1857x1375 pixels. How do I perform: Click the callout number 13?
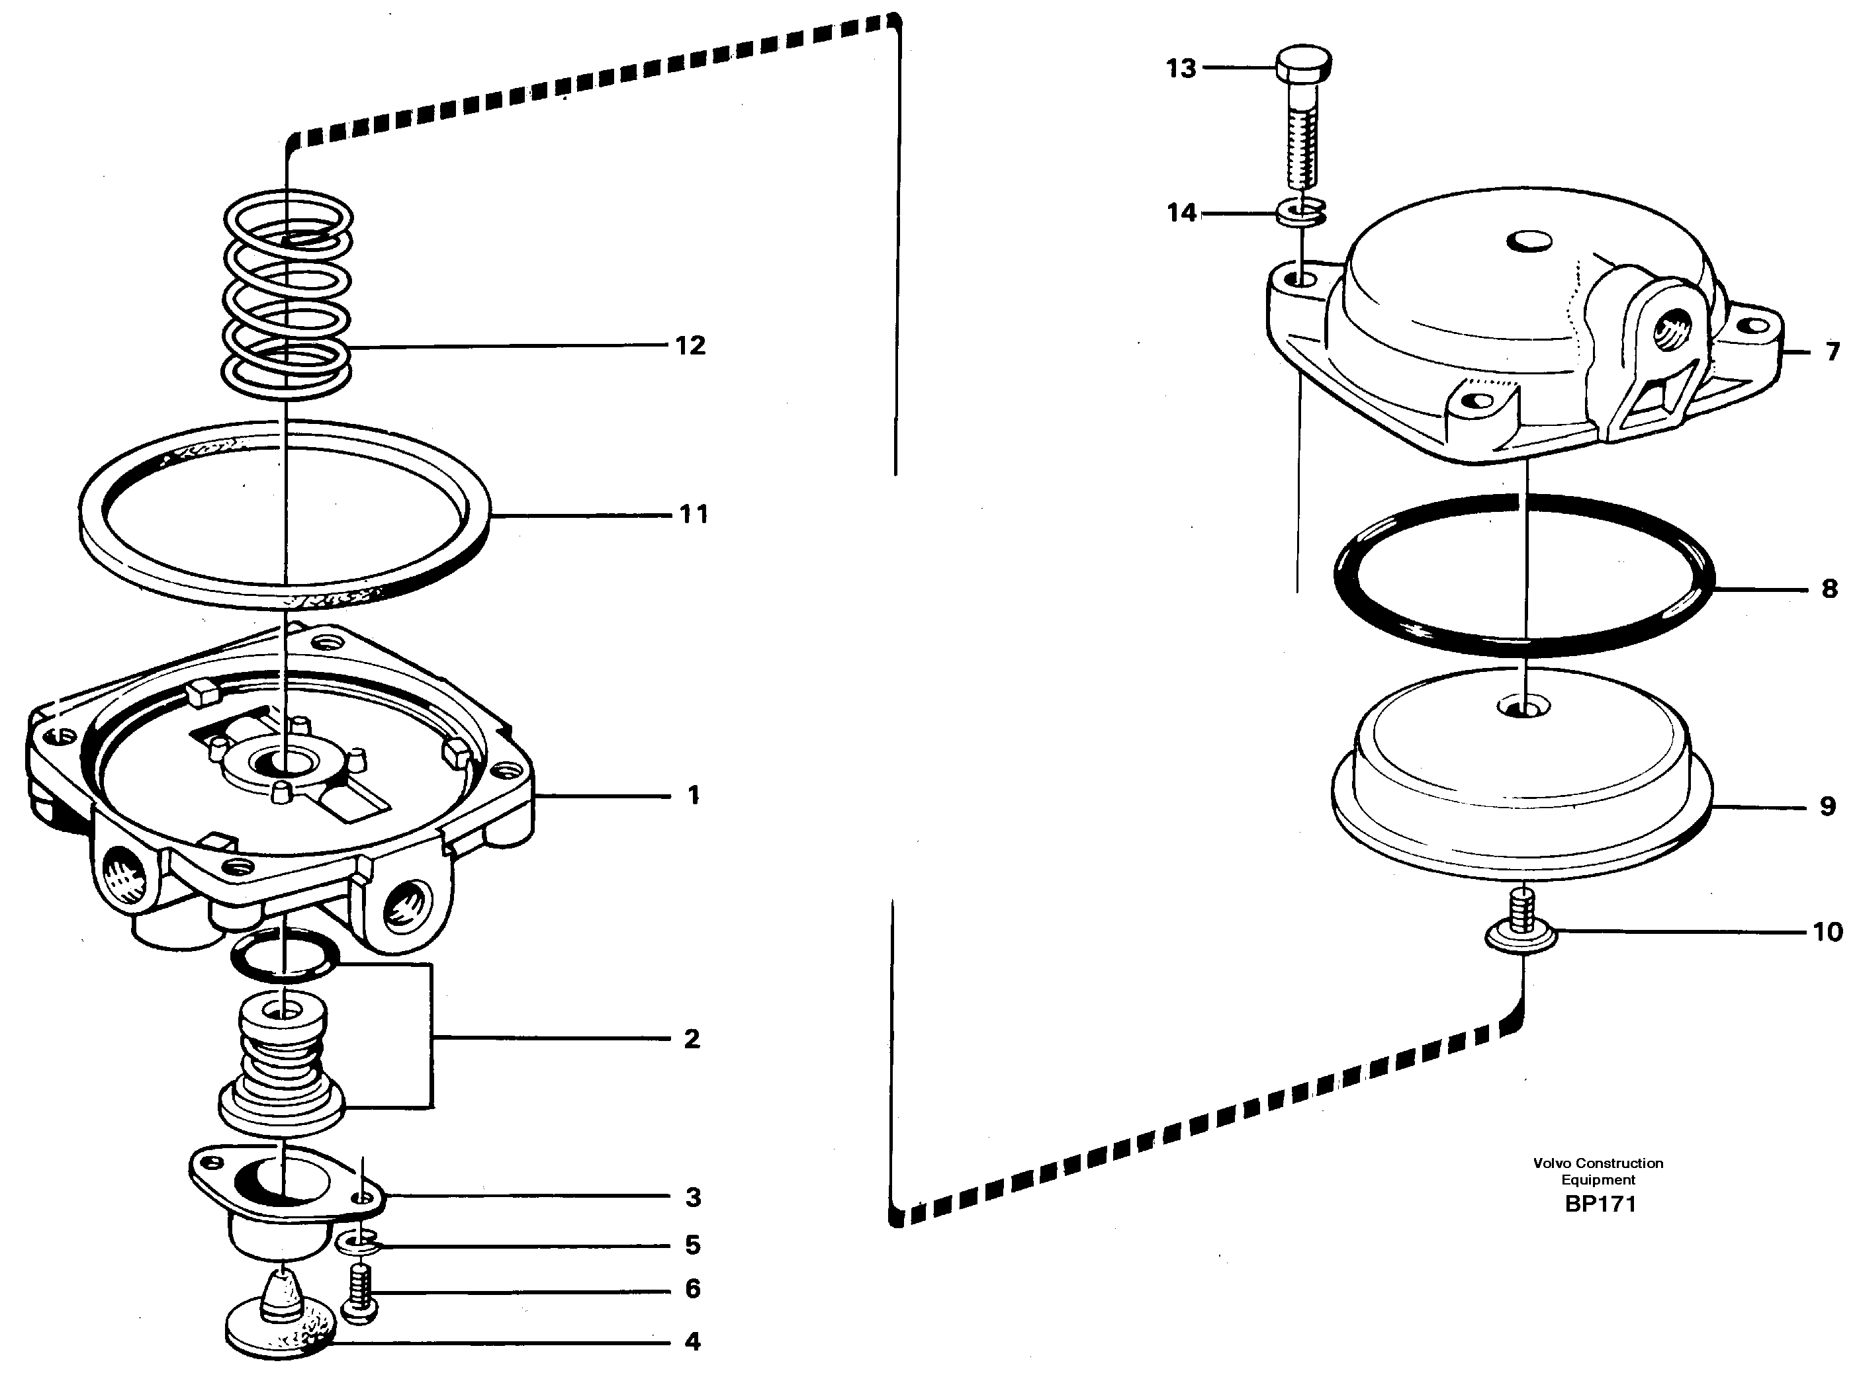pyautogui.click(x=1180, y=68)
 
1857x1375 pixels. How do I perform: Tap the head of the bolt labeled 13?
pyautogui.click(x=1302, y=62)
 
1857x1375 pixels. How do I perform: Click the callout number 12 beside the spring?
pyautogui.click(x=690, y=345)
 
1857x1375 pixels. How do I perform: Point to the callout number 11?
pyautogui.click(x=693, y=515)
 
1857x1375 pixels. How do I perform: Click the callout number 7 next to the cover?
pyautogui.click(x=1831, y=352)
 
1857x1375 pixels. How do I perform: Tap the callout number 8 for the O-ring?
pyautogui.click(x=1829, y=589)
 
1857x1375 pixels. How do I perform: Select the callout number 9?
pyautogui.click(x=1827, y=806)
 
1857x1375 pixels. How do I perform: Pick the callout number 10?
pyautogui.click(x=1827, y=931)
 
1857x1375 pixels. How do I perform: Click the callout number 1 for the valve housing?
pyautogui.click(x=693, y=796)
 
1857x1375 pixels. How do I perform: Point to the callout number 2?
pyautogui.click(x=691, y=1039)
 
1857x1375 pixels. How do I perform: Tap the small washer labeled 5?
pyautogui.click(x=359, y=1244)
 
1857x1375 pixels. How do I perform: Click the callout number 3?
pyautogui.click(x=693, y=1197)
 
